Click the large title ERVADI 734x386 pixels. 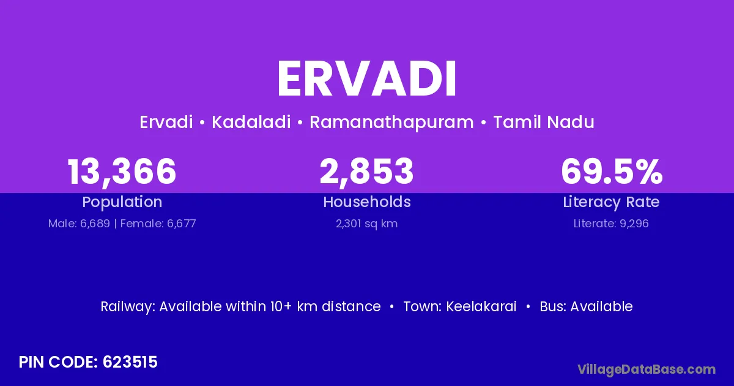(x=366, y=79)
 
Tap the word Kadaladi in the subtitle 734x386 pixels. (x=251, y=122)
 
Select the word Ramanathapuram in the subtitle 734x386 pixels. (x=391, y=123)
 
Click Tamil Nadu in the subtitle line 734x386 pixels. (x=544, y=122)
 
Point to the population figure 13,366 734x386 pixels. (x=122, y=172)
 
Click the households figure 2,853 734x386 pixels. (x=366, y=172)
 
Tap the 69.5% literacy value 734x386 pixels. (x=612, y=172)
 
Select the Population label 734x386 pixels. (x=122, y=202)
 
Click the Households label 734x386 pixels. (x=367, y=202)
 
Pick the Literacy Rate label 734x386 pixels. (x=611, y=202)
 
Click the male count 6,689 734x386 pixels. (x=95, y=224)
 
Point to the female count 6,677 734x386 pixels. (x=182, y=224)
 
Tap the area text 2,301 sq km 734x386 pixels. (x=366, y=224)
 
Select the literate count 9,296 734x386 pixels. (x=634, y=224)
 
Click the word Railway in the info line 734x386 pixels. (x=127, y=306)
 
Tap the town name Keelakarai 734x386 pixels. (x=481, y=306)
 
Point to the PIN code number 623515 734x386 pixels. (x=130, y=362)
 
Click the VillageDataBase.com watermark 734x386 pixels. (x=647, y=369)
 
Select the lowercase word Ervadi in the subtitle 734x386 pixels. (x=166, y=122)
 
